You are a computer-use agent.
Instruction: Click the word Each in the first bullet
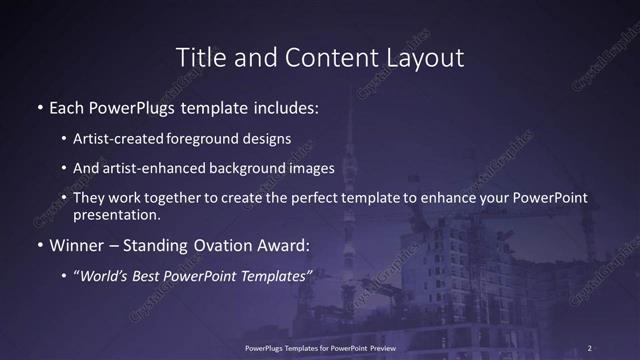[68, 106]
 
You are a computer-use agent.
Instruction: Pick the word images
[314, 168]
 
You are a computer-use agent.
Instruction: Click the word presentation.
[116, 214]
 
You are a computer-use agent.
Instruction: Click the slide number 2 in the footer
[590, 348]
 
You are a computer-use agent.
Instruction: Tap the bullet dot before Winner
[40, 245]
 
